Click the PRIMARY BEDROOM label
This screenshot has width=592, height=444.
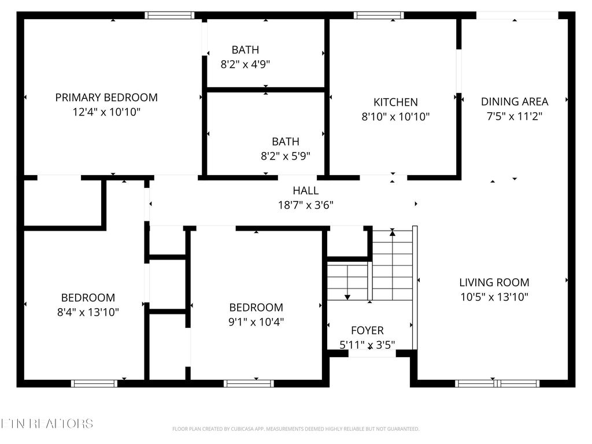(x=106, y=98)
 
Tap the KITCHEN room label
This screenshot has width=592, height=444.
(x=395, y=102)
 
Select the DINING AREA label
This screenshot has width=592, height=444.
(x=515, y=102)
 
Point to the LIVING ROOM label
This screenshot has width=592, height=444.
(x=494, y=283)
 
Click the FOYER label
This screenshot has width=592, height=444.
(x=367, y=331)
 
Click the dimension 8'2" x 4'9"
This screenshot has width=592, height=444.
(x=245, y=64)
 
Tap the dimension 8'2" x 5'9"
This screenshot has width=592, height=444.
(x=286, y=156)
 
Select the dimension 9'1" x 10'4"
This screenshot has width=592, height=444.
(x=256, y=321)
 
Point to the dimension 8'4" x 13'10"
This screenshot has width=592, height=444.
(x=88, y=312)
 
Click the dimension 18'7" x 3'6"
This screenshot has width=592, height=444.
(x=305, y=205)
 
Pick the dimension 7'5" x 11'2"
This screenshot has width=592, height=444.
(x=515, y=116)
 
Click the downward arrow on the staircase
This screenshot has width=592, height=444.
(x=347, y=295)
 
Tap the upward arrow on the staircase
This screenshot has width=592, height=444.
(x=393, y=232)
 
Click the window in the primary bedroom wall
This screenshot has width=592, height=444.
(x=169, y=16)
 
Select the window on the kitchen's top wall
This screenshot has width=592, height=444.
(x=379, y=16)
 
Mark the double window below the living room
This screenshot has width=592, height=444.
(x=497, y=383)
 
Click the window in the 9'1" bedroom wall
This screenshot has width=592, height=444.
(x=249, y=383)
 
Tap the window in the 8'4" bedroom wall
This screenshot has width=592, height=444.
(x=94, y=383)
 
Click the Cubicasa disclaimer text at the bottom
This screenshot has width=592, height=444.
(x=295, y=429)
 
